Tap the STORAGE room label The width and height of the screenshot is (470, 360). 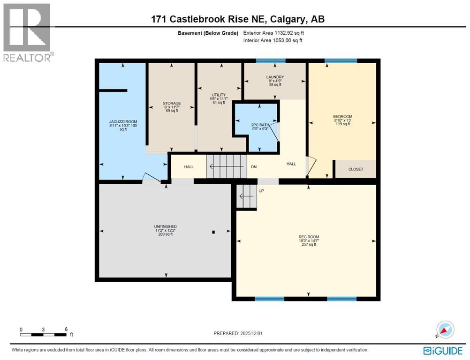click(x=172, y=103)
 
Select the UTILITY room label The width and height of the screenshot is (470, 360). click(x=219, y=95)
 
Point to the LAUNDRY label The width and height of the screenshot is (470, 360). click(x=275, y=77)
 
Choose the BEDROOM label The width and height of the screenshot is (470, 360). click(x=342, y=116)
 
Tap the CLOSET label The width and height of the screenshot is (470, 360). click(x=356, y=169)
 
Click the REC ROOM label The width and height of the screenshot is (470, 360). click(x=309, y=237)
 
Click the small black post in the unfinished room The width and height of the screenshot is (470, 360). click(x=213, y=232)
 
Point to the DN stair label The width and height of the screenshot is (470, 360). click(x=254, y=166)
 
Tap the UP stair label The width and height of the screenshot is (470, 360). click(x=261, y=191)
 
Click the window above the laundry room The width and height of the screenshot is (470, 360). click(x=271, y=60)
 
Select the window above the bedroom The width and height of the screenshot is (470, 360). click(x=341, y=60)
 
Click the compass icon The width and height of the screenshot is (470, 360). click(x=445, y=330)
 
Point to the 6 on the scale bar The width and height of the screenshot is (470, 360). click(x=66, y=330)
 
